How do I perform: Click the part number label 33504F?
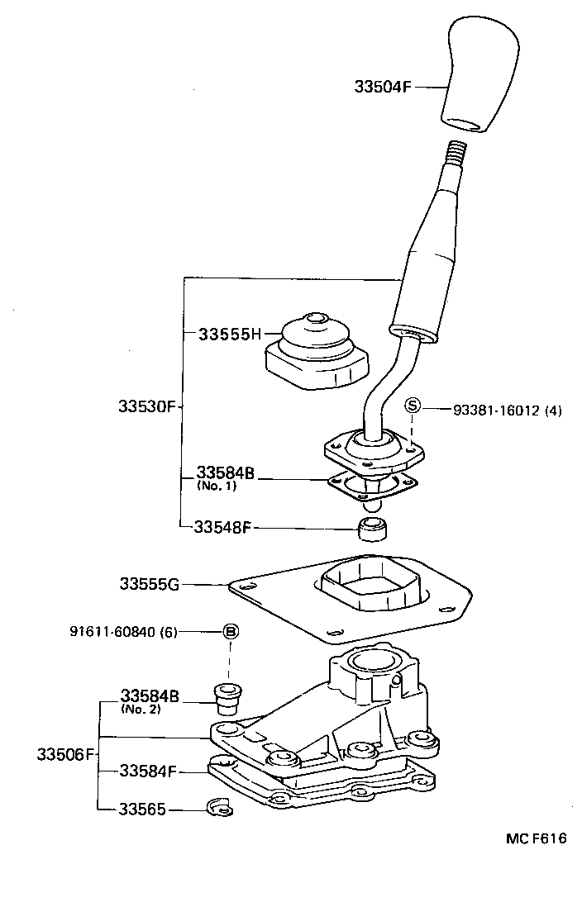(x=382, y=85)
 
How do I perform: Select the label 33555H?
(x=230, y=334)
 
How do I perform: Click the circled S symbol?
(x=413, y=406)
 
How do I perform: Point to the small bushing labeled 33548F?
(x=374, y=527)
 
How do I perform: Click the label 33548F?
(x=222, y=526)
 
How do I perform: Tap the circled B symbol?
(x=231, y=632)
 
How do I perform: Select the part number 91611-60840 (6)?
(x=135, y=632)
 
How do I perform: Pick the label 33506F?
(x=67, y=754)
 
